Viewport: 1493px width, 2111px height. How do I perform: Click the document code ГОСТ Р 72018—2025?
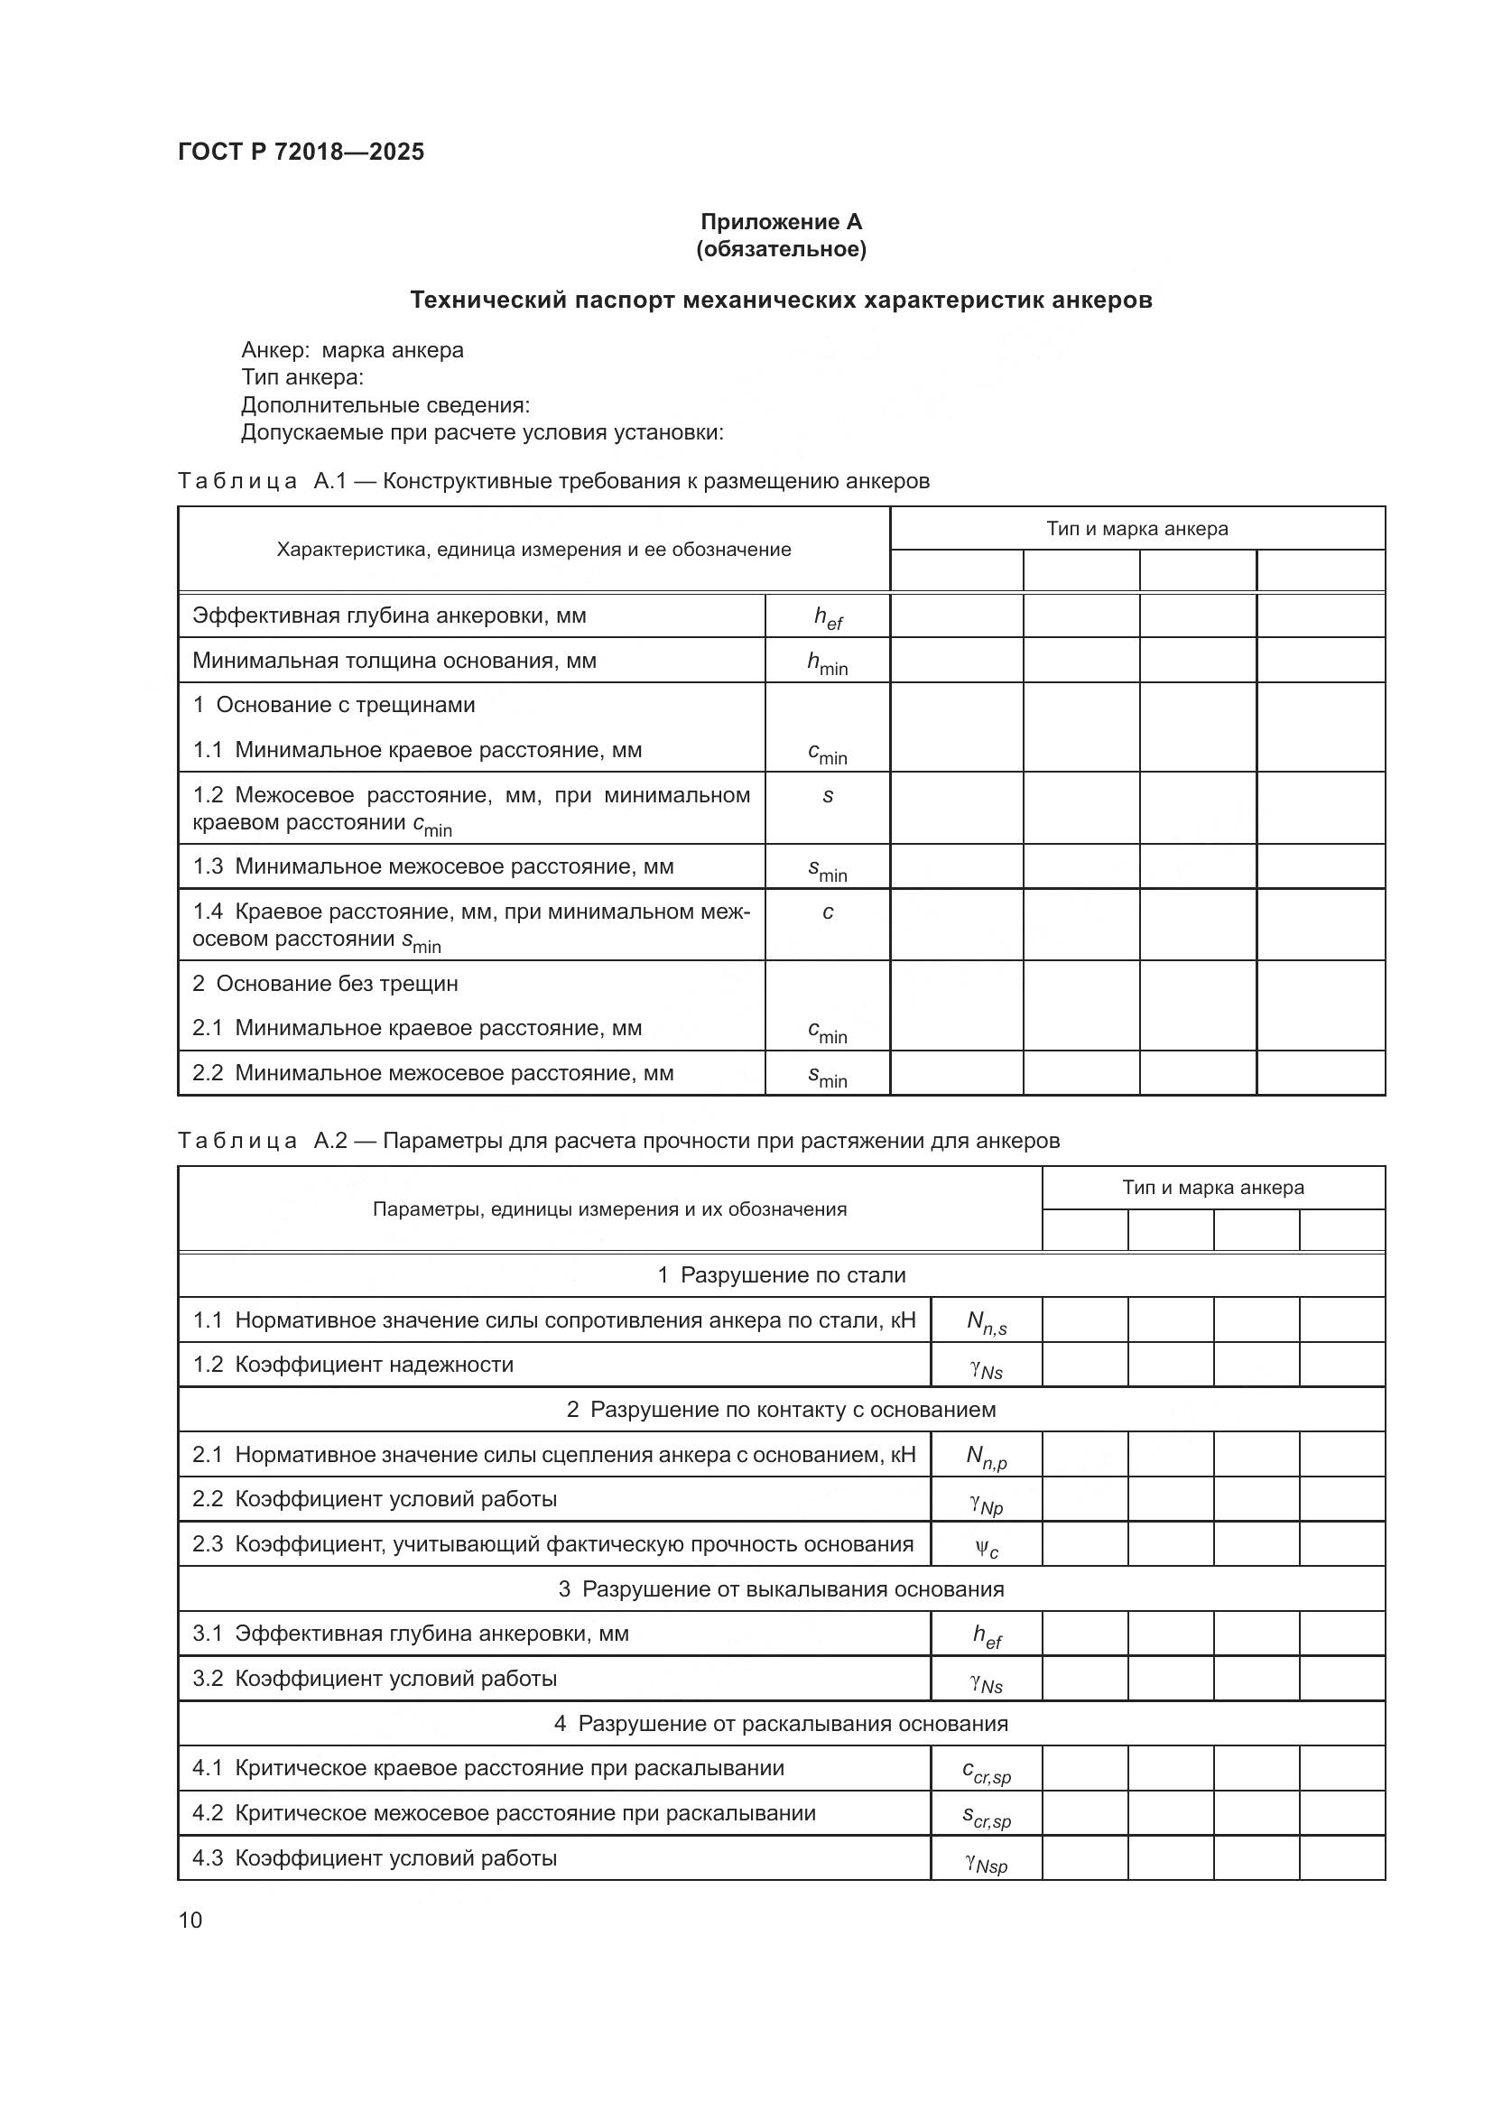click(301, 153)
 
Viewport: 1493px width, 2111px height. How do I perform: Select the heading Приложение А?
click(781, 222)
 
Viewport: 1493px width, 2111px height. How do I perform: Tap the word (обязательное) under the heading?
click(781, 249)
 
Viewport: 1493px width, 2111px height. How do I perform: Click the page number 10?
click(190, 1920)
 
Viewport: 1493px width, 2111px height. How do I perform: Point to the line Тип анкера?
click(302, 378)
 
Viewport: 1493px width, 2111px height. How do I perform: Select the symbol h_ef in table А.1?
click(828, 618)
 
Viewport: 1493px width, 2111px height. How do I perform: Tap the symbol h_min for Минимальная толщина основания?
click(828, 663)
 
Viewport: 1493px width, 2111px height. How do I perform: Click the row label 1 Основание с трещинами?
click(334, 705)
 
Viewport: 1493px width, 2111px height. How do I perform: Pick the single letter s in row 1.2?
click(828, 796)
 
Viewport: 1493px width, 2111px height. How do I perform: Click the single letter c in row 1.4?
click(828, 912)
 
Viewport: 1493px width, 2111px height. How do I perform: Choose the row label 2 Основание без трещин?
click(325, 984)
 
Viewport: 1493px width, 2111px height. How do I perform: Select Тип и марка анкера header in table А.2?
click(1212, 1188)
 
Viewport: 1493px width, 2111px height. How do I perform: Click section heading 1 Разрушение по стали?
click(781, 1275)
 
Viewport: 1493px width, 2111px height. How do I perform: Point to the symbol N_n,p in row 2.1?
click(987, 1457)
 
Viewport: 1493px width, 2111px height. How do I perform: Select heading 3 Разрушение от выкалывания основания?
click(781, 1589)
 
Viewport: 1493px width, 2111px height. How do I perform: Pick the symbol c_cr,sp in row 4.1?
click(987, 1771)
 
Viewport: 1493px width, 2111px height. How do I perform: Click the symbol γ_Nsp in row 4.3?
click(987, 1863)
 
